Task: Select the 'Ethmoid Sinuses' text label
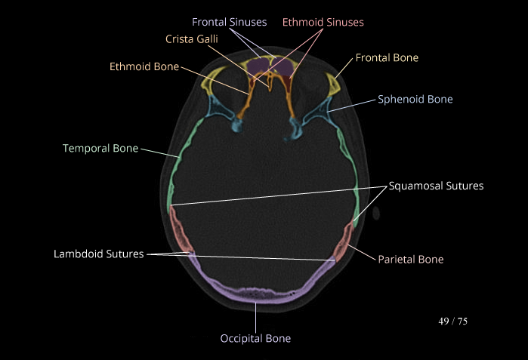point(323,22)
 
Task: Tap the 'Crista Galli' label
point(193,38)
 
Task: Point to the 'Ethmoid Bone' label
point(144,66)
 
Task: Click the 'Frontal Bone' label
point(387,57)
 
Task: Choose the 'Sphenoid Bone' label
point(415,99)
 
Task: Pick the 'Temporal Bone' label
point(100,148)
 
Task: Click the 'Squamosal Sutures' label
point(436,185)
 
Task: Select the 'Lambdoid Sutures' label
point(98,254)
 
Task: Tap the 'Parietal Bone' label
point(410,259)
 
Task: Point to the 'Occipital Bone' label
point(255,338)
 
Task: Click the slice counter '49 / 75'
point(453,321)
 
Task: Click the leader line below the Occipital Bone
point(256,317)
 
